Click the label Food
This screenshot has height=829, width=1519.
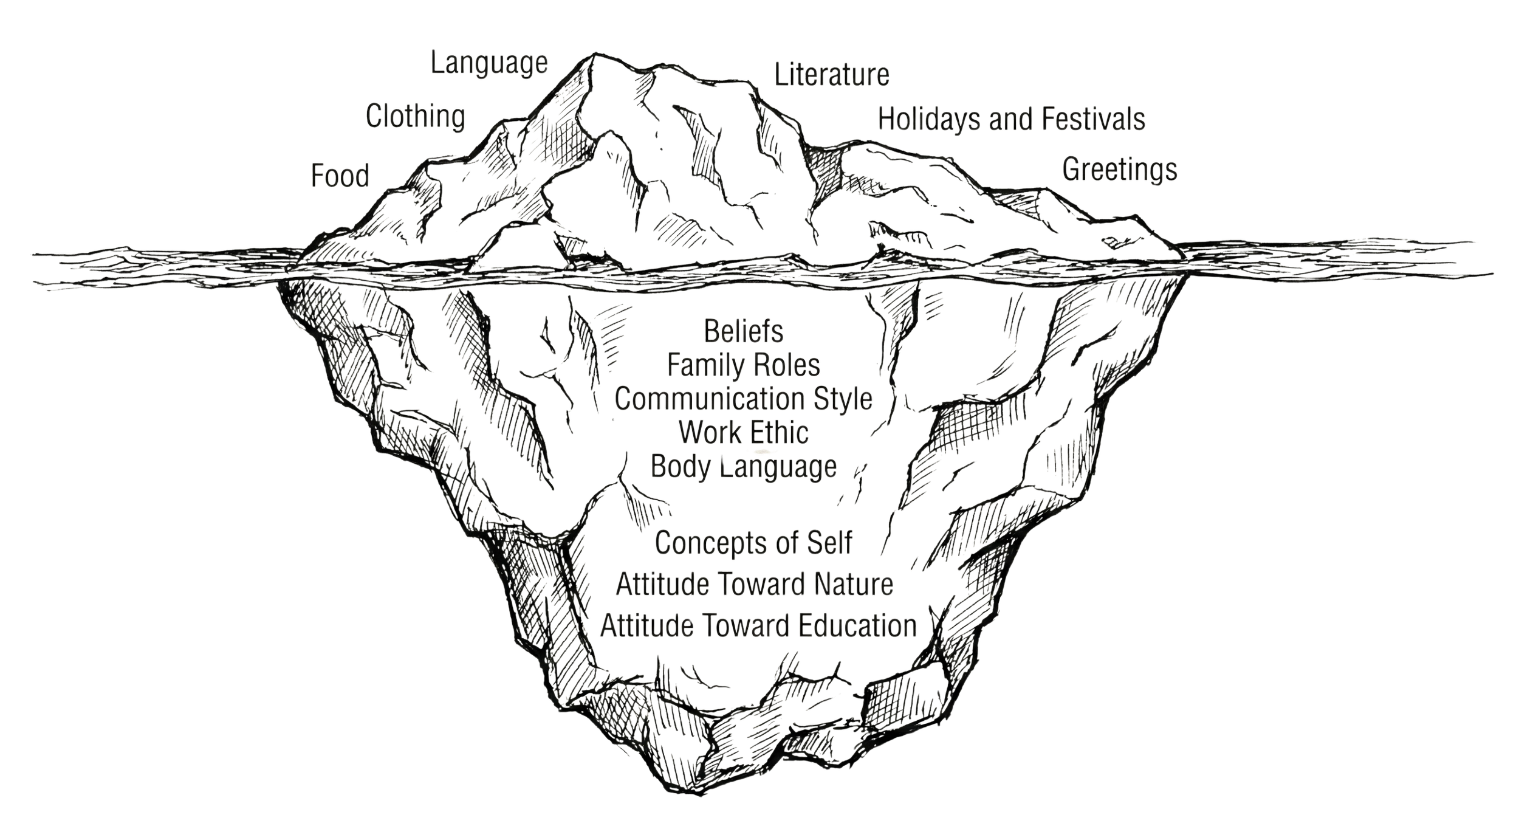[x=340, y=176]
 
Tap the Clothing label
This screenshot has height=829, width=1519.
[x=416, y=116]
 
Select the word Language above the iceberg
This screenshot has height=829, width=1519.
[x=489, y=63]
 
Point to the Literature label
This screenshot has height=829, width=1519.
[x=832, y=75]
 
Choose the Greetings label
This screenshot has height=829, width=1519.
[x=1119, y=170]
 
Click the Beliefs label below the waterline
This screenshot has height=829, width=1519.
[x=744, y=332]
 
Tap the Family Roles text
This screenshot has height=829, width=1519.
[x=744, y=365]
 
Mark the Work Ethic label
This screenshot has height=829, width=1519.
[x=744, y=433]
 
